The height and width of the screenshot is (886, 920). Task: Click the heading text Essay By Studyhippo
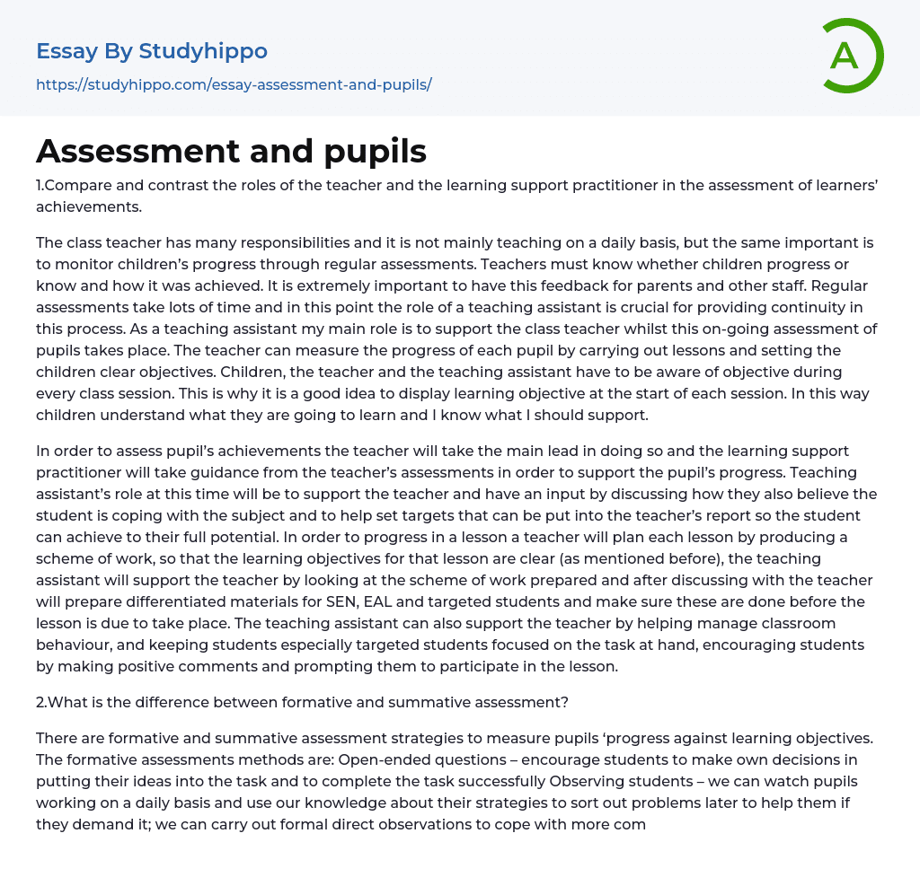pyautogui.click(x=152, y=51)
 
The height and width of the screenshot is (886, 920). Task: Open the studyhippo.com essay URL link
pyautogui.click(x=234, y=84)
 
